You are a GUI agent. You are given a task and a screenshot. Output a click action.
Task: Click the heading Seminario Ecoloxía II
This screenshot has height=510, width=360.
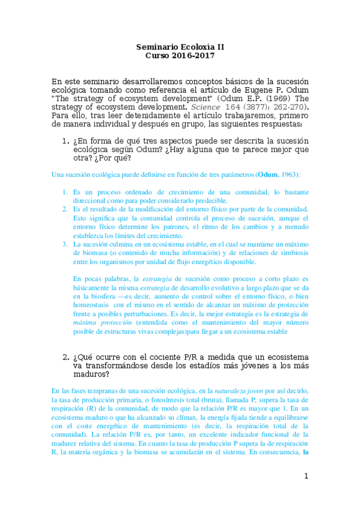coord(180,46)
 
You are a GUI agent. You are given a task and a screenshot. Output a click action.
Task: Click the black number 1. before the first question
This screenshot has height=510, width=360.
coord(67,141)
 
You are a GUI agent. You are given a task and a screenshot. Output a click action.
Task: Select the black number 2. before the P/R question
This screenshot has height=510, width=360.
coord(67,357)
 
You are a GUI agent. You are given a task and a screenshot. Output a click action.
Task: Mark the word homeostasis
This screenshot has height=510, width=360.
coord(91,305)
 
